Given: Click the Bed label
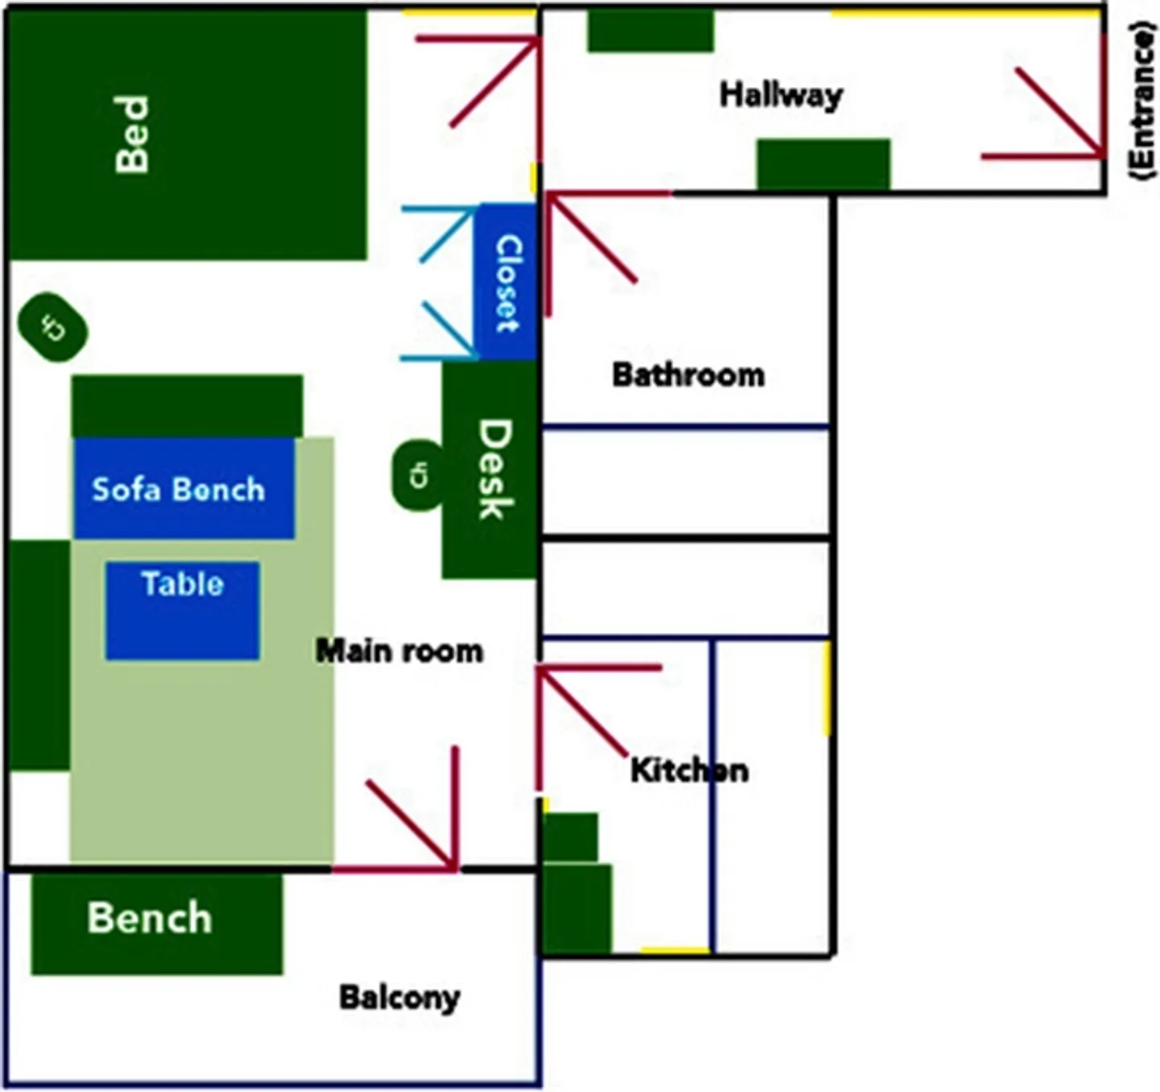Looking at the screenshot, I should [x=132, y=134].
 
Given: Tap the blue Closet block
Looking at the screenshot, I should [x=506, y=282].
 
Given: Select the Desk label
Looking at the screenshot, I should [x=494, y=469].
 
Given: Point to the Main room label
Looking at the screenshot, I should [x=399, y=651].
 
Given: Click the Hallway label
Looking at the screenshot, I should [x=781, y=95].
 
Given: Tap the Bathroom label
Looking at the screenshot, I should [x=688, y=375].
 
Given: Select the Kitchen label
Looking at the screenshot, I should [x=689, y=771].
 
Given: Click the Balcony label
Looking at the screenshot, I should [x=400, y=998].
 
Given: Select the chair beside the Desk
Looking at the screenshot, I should [x=417, y=475].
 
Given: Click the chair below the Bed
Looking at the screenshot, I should [x=53, y=327].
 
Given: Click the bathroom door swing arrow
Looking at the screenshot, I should [x=591, y=238].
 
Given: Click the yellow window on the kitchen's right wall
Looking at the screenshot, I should [x=826, y=689].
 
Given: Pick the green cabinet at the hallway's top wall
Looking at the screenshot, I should [x=650, y=31].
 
